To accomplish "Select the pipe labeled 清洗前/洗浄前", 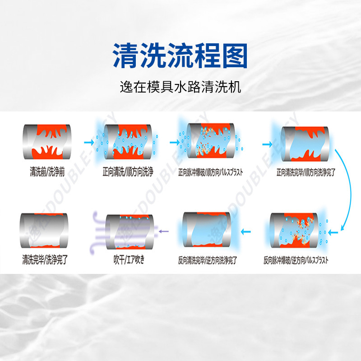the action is (46, 142).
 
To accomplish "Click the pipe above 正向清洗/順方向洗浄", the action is (128, 142).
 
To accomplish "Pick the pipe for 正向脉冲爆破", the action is (211, 142).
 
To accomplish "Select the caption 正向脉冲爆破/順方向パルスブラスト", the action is (211, 172).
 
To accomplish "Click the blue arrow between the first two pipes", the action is (88, 143).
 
